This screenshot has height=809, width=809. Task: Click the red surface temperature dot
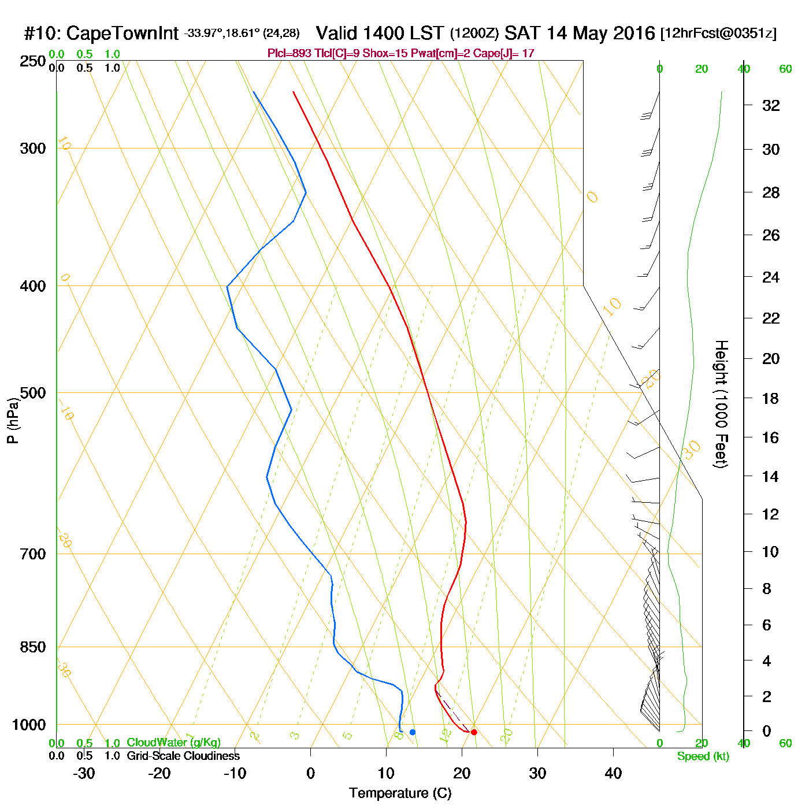coord(474,732)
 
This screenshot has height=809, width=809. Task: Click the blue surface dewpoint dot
coord(413,732)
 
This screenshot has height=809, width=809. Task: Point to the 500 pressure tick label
coord(33,393)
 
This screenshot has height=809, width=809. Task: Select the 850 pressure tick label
coord(33,647)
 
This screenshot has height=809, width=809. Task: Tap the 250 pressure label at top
coord(33,61)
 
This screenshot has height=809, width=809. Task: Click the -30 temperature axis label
coord(84,773)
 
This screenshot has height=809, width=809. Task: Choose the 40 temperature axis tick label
coord(613,773)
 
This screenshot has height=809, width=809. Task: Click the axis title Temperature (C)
coord(400,793)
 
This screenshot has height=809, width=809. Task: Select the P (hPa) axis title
coord(13,421)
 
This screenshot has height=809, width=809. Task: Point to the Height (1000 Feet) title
coord(721,404)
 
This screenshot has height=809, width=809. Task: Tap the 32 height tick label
coord(771,106)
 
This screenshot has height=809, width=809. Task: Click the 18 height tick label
coord(771,398)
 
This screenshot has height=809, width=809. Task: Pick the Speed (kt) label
coord(703,756)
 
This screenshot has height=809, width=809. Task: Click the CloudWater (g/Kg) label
coord(173,743)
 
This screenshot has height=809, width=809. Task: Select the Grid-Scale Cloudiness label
coord(183,756)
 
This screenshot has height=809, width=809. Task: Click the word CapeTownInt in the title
coord(122,34)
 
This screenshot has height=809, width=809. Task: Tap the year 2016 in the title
coord(634,33)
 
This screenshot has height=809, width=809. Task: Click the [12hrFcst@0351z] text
coord(718,34)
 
